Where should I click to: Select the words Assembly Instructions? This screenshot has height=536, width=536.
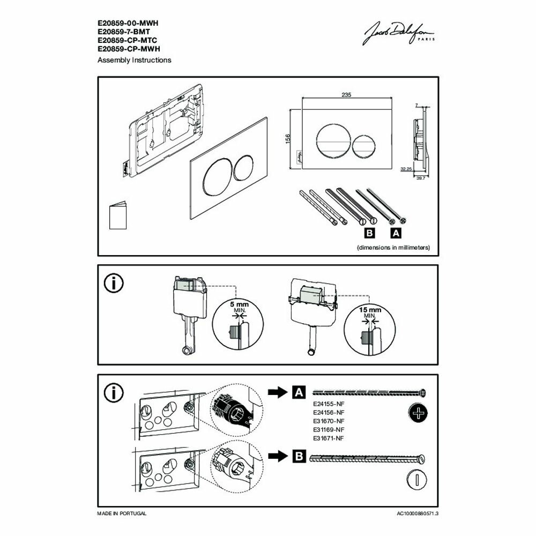tap(134, 60)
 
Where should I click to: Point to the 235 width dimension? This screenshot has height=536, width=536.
tap(346, 94)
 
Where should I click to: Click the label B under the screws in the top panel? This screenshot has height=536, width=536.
tap(369, 233)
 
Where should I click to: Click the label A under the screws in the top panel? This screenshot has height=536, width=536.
tap(396, 233)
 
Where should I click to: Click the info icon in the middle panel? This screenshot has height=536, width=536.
tap(114, 284)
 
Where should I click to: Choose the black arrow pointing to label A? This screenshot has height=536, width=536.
tap(278, 392)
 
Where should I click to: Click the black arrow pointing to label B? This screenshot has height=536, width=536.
tap(278, 457)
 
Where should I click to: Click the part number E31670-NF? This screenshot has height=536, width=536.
tap(327, 421)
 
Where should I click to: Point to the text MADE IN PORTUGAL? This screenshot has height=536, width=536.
tap(122, 513)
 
